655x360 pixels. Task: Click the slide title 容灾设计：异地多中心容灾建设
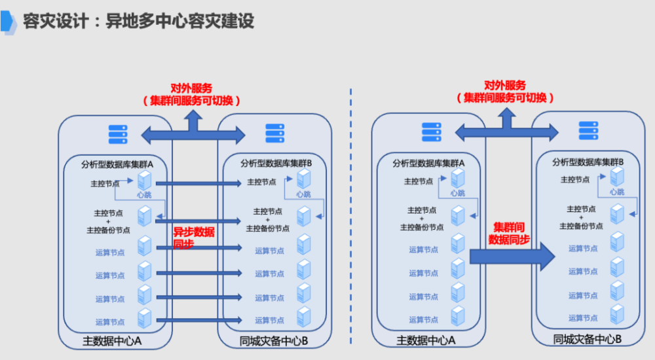click(138, 21)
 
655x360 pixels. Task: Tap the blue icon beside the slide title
click(9, 21)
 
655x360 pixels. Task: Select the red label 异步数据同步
click(193, 238)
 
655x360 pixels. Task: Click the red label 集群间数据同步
click(509, 233)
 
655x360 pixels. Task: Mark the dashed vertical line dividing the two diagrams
click(351, 216)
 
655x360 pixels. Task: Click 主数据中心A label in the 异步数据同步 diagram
click(113, 342)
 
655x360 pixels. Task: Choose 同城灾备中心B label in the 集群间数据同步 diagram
click(587, 339)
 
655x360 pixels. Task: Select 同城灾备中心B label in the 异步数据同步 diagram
click(273, 342)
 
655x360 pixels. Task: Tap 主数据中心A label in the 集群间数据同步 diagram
click(426, 341)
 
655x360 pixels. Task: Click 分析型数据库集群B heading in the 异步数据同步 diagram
click(276, 163)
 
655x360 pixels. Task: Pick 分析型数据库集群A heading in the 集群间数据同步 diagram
click(428, 163)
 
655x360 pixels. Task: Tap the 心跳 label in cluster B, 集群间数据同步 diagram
click(617, 192)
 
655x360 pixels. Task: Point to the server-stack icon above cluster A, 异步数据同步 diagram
click(117, 134)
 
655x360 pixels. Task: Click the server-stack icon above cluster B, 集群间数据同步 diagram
click(588, 131)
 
